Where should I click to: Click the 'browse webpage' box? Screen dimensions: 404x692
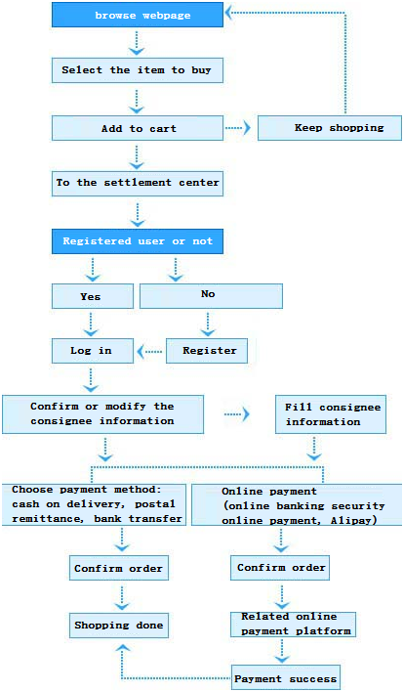point(138,15)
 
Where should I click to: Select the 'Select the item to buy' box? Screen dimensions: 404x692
point(138,70)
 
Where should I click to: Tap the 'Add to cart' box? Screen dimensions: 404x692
point(138,128)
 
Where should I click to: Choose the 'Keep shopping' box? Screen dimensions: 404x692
point(330,128)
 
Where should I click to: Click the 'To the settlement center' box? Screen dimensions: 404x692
point(138,183)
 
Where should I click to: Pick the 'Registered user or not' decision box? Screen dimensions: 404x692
point(138,241)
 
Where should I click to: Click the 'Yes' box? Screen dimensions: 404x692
point(93,296)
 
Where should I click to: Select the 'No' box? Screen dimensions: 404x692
point(211,296)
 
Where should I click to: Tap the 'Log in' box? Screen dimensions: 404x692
point(93,351)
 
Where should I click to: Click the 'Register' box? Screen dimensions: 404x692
point(207,351)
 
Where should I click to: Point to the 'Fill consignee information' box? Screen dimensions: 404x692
point(331,414)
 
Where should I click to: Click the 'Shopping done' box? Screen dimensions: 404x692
point(119,626)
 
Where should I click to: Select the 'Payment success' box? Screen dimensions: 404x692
point(286,678)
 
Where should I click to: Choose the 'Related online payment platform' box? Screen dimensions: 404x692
point(293,624)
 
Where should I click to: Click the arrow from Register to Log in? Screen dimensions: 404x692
point(149,352)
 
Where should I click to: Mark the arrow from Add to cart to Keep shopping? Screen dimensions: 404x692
point(238,128)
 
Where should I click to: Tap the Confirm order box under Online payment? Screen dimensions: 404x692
point(280,568)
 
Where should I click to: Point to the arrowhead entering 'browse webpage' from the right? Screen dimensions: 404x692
point(229,13)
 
